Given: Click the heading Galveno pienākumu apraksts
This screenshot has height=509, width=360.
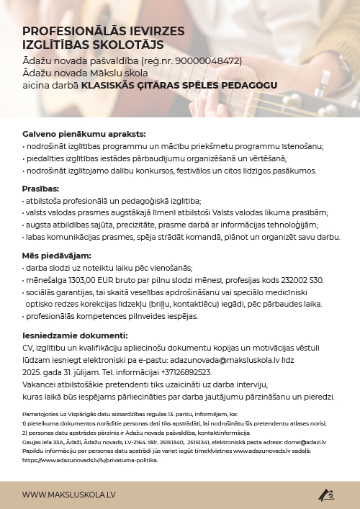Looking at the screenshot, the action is click(x=73, y=135).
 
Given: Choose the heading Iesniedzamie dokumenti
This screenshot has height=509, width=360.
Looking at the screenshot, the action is click(x=75, y=335).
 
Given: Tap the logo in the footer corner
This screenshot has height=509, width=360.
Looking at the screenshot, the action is click(x=326, y=495).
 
